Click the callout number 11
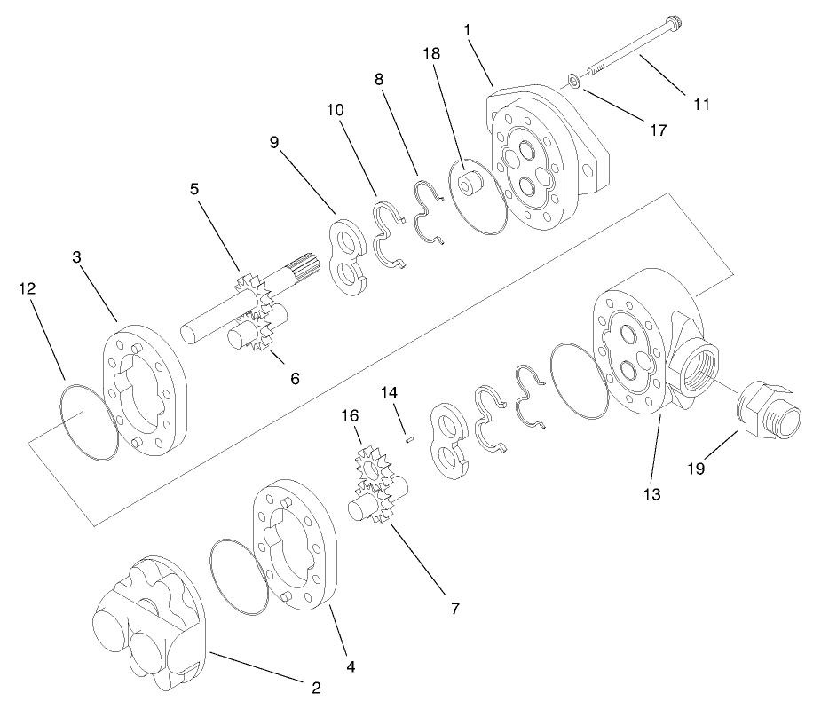click(x=701, y=104)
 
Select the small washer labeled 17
click(x=575, y=83)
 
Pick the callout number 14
click(x=391, y=391)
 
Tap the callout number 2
click(x=315, y=686)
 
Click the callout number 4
click(x=351, y=664)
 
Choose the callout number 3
click(x=76, y=257)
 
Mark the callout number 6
click(x=294, y=377)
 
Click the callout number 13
click(x=652, y=494)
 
